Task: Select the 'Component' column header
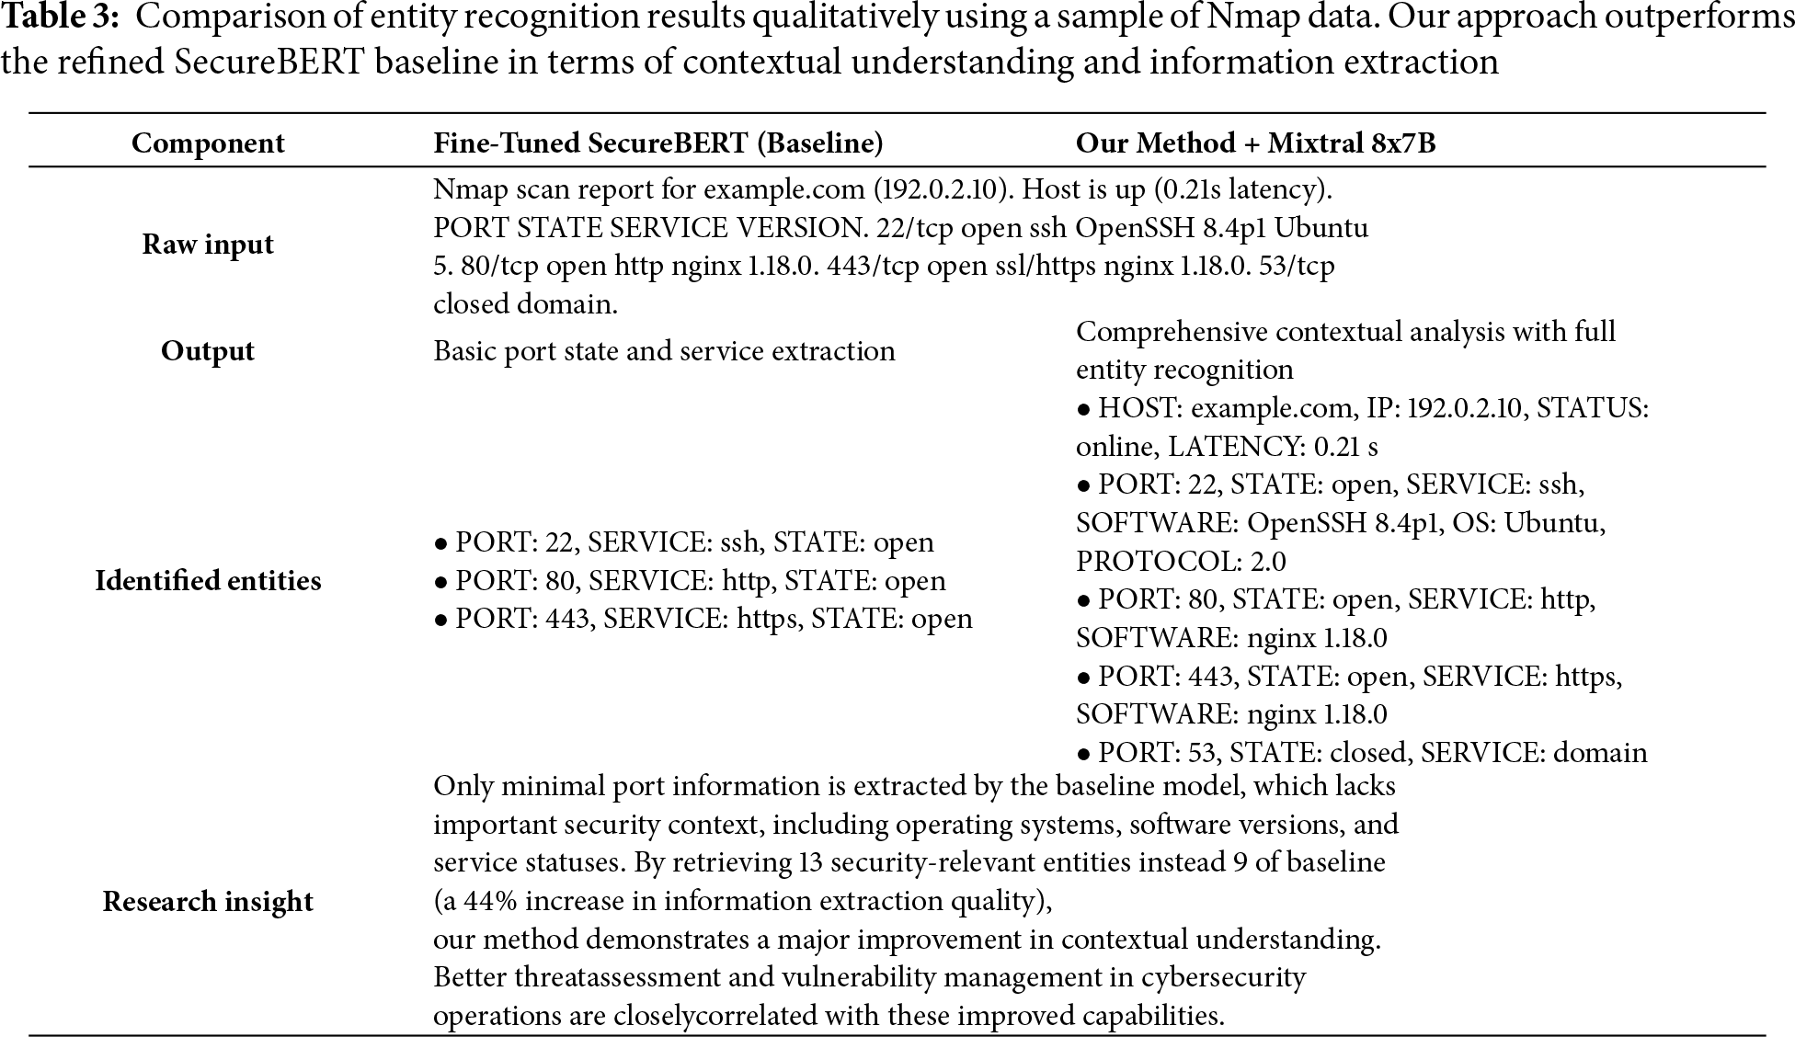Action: click(208, 143)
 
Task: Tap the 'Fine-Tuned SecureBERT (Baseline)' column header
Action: click(657, 143)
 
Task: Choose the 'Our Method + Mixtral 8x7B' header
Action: click(1255, 143)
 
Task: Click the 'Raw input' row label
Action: click(208, 245)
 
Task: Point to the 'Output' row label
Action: click(208, 351)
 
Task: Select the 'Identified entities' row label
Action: click(208, 581)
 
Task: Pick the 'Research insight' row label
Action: click(208, 902)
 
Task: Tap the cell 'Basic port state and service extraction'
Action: click(664, 351)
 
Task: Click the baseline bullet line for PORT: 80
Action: click(690, 581)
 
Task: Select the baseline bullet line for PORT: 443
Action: click(703, 619)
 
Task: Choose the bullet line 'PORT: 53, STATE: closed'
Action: click(1361, 753)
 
